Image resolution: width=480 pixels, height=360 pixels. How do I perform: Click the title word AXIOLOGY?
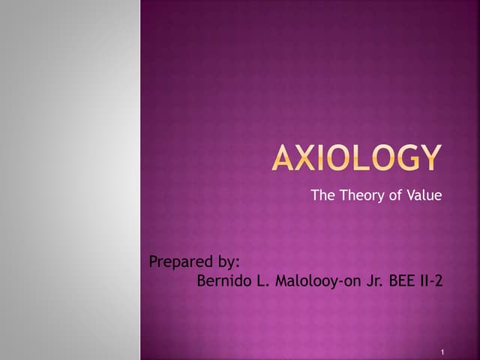click(355, 158)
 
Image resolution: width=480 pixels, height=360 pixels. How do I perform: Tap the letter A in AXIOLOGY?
click(284, 158)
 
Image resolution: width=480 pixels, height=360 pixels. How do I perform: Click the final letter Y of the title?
click(429, 158)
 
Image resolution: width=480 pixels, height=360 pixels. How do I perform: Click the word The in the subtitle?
click(321, 196)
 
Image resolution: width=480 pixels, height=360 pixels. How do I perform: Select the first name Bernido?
click(222, 282)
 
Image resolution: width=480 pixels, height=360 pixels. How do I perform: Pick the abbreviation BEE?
click(398, 282)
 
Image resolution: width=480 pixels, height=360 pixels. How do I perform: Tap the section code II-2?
click(430, 282)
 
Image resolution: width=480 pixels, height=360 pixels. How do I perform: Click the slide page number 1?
click(444, 352)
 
